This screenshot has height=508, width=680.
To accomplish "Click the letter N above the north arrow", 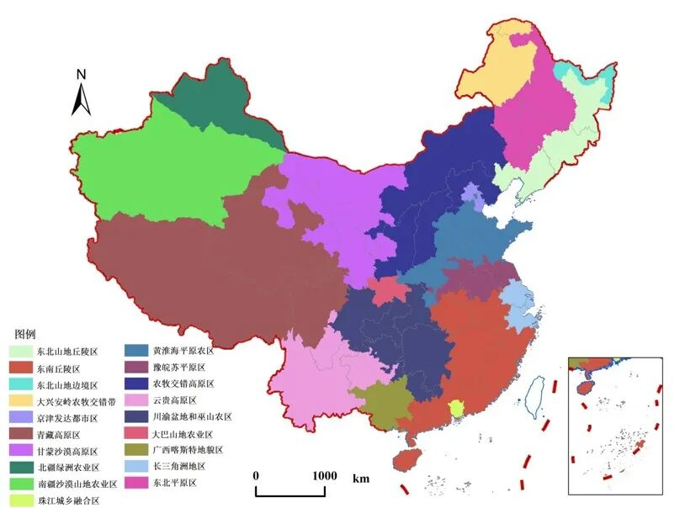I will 82,74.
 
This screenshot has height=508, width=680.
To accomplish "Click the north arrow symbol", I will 82,100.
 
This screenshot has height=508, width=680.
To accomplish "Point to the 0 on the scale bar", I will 256,475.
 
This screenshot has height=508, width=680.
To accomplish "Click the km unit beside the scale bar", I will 361,479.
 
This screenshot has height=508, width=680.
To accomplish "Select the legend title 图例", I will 27,333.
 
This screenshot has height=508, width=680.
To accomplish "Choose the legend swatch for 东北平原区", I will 135,483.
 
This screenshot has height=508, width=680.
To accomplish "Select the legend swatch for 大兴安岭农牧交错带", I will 21,401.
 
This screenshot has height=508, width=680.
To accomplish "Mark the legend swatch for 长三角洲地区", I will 135,466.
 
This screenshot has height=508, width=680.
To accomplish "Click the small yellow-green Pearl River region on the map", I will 457,409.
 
